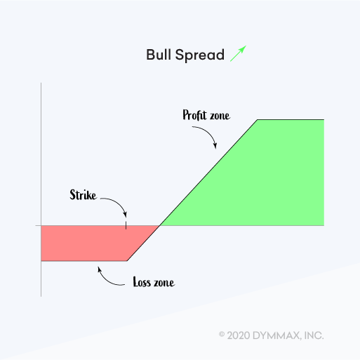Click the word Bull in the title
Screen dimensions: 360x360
[159, 55]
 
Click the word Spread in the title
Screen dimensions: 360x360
[200, 55]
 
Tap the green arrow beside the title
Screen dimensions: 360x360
[238, 53]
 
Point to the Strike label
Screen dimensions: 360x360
[83, 194]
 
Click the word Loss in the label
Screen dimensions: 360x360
[142, 282]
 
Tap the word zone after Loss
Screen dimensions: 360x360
[164, 283]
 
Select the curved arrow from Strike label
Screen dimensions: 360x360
[118, 202]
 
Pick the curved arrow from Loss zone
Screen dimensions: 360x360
[107, 280]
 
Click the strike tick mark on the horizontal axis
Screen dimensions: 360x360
[126, 225]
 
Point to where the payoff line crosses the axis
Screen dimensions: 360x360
[160, 225]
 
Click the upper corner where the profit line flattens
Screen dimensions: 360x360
[258, 120]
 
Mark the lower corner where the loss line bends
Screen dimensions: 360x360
[127, 261]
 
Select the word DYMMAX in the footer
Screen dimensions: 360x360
[276, 335]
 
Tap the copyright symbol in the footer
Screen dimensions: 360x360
[222, 335]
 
